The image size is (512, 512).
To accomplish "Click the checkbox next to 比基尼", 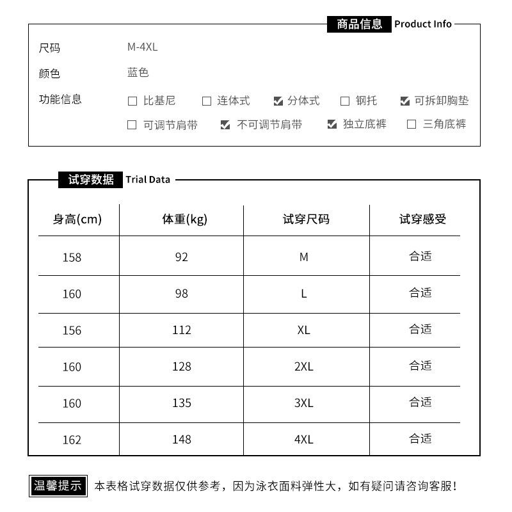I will pos(132,101).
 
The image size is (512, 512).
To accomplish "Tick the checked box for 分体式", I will pos(278,101).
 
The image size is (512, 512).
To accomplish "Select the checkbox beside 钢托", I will pos(345,101).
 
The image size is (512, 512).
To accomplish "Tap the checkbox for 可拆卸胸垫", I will pos(404,101).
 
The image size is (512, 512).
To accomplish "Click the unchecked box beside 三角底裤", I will pos(412,125).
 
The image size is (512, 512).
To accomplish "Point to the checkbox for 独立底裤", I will pos(332,125).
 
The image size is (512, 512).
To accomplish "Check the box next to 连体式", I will pos(207,101).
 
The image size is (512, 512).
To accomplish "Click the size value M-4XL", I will pos(142,47).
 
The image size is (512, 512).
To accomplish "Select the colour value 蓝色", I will pos(138,73).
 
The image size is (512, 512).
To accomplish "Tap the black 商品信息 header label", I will pos(359,24).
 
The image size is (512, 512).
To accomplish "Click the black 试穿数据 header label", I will pos(91,180).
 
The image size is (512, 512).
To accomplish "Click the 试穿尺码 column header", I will pos(306,220).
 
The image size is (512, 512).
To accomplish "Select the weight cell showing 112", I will pos(182,330).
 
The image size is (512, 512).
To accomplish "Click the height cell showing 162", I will pos(72,440).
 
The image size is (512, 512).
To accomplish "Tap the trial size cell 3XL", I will pos(303,403).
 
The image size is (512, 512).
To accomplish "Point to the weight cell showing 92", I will pos(182,257).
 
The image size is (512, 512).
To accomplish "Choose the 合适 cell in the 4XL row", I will pos(420,439).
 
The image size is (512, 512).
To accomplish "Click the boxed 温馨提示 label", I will pos(58,486).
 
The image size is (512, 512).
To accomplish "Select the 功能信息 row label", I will pos(60,99).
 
